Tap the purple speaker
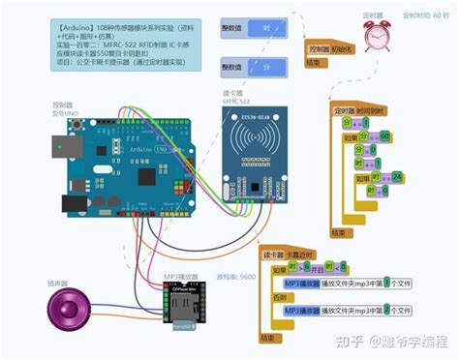point(68,311)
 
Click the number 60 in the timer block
point(384,137)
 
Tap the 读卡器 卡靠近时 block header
point(294,255)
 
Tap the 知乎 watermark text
point(350,341)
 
